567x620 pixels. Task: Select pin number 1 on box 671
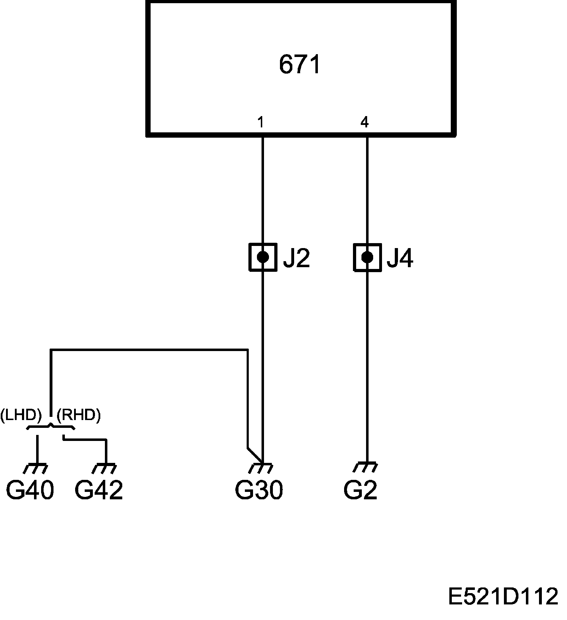coord(260,122)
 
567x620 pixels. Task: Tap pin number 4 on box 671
coord(364,122)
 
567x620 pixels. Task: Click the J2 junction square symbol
coord(263,257)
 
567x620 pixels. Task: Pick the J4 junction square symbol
coord(367,257)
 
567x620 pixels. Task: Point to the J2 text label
coord(296,258)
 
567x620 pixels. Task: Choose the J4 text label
coord(400,258)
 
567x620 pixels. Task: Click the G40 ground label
coord(30,490)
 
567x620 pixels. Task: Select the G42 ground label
coord(99,490)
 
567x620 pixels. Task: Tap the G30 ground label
coord(259,490)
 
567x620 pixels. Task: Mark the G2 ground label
coord(360,490)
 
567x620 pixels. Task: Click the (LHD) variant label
coord(21,415)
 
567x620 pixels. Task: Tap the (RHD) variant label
coord(79,415)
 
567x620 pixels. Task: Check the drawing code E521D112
coord(503,596)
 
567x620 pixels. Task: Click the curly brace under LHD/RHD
coord(51,427)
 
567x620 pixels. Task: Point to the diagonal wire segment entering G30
coord(254,456)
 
